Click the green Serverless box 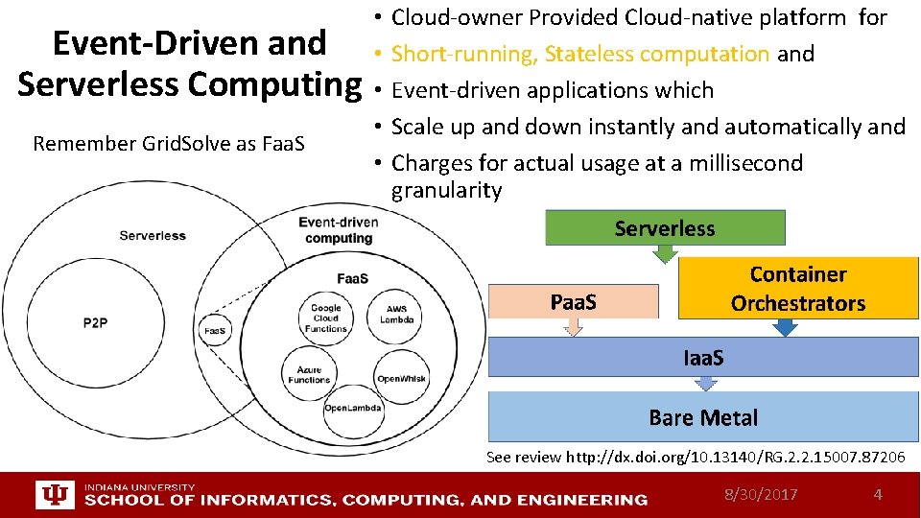(665, 227)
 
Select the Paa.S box (574, 301)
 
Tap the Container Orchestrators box (797, 289)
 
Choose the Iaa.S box (703, 357)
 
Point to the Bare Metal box (703, 417)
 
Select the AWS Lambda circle (396, 314)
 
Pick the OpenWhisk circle (401, 378)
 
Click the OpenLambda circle (352, 408)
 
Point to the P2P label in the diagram (95, 323)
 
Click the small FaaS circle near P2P (214, 331)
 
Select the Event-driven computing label (338, 230)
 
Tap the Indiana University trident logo (53, 495)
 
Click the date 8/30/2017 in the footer (761, 495)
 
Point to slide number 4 (877, 495)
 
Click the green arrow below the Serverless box (664, 254)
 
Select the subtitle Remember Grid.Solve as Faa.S (168, 144)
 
